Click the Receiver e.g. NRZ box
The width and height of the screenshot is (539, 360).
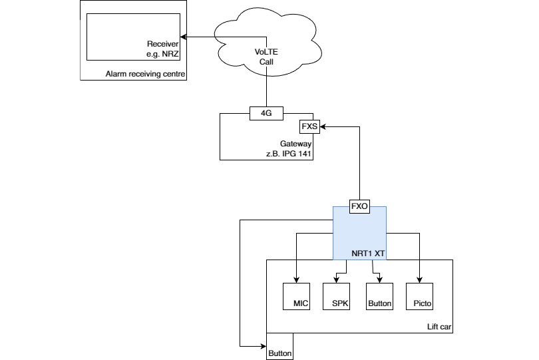pyautogui.click(x=133, y=37)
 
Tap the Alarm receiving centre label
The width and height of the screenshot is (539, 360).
pyautogui.click(x=145, y=73)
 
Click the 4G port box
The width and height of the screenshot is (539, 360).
pyautogui.click(x=266, y=113)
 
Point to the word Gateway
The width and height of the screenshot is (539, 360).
pyautogui.click(x=295, y=144)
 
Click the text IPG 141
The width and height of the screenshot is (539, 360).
pyautogui.click(x=297, y=154)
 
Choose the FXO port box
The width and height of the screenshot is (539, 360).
pyautogui.click(x=359, y=206)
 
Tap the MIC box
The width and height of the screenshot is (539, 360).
pyautogui.click(x=296, y=297)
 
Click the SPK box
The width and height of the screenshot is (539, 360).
pyautogui.click(x=336, y=297)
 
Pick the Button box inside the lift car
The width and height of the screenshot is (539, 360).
pyautogui.click(x=379, y=297)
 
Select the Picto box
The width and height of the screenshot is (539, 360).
pyautogui.click(x=419, y=297)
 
